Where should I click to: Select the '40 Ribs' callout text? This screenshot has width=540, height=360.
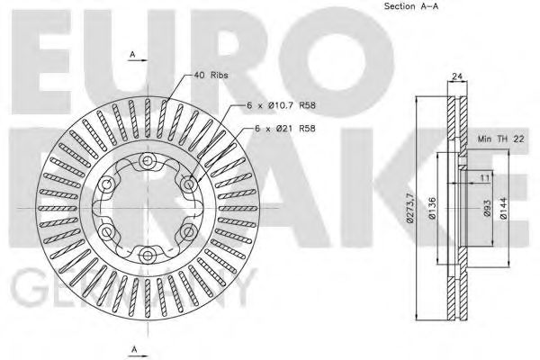[x=211, y=76]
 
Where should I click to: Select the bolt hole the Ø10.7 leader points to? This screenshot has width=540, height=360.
[x=187, y=184]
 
